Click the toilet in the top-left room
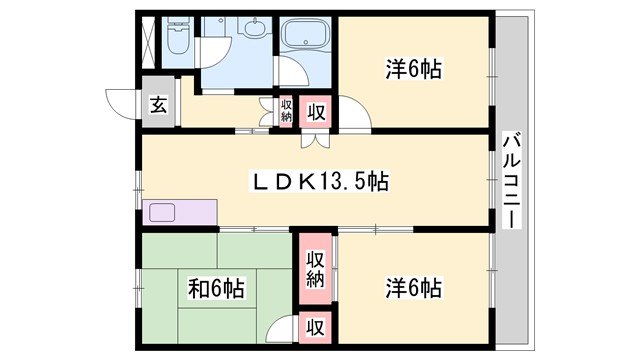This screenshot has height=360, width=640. tap(177, 37)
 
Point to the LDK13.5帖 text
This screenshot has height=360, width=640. tap(319, 182)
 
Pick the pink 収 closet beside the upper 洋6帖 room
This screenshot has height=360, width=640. tap(315, 111)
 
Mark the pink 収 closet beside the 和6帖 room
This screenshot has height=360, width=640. tap(315, 327)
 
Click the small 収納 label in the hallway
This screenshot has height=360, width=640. tap(286, 110)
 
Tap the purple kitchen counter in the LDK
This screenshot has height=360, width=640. tap(181, 213)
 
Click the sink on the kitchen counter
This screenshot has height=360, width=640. tap(161, 212)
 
